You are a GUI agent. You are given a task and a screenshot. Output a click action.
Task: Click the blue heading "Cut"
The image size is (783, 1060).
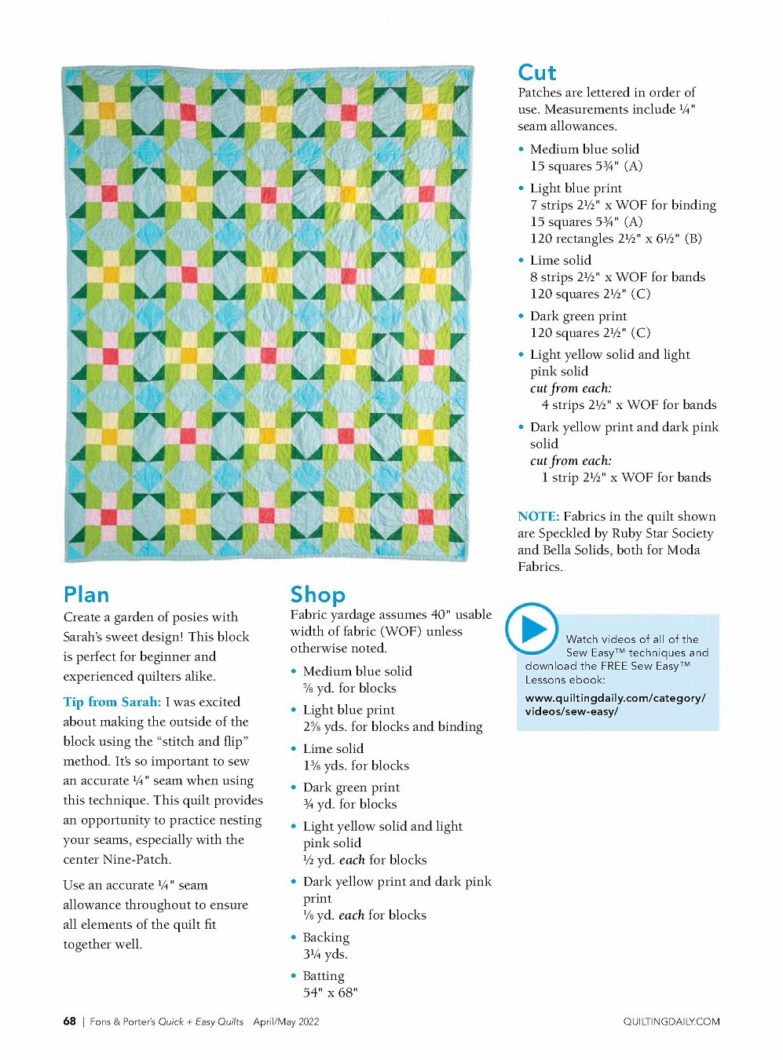pyautogui.click(x=537, y=73)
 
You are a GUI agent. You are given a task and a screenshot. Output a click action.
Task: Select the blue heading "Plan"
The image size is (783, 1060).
pyautogui.click(x=86, y=594)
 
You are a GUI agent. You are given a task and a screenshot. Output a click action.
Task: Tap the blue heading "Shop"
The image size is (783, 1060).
pyautogui.click(x=317, y=594)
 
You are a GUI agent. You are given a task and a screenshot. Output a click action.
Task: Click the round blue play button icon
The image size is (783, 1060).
pyautogui.click(x=532, y=629)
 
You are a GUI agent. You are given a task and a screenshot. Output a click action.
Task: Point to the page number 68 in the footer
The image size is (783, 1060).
pyautogui.click(x=70, y=1022)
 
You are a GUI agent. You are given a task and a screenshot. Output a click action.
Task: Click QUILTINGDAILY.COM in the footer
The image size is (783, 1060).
pyautogui.click(x=671, y=1022)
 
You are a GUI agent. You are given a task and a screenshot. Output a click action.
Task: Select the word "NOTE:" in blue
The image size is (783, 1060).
pyautogui.click(x=538, y=517)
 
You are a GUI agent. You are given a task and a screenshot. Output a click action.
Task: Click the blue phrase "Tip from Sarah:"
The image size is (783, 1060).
pyautogui.click(x=112, y=702)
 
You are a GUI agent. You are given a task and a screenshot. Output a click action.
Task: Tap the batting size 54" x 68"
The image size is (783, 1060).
pyautogui.click(x=330, y=992)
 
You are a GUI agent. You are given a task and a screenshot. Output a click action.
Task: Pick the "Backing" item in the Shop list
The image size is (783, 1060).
pyautogui.click(x=326, y=938)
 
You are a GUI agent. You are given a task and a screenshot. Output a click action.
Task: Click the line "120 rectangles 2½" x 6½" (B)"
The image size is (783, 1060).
pyautogui.click(x=616, y=239)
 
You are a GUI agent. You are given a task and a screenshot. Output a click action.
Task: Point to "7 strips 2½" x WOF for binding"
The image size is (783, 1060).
pyautogui.click(x=623, y=205)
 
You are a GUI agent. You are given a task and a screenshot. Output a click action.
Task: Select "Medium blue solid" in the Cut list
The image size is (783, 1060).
pyautogui.click(x=584, y=149)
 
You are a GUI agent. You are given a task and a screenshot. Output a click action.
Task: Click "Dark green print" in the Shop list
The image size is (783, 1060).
pyautogui.click(x=351, y=788)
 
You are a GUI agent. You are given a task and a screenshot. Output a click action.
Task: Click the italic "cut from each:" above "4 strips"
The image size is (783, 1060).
pyautogui.click(x=570, y=389)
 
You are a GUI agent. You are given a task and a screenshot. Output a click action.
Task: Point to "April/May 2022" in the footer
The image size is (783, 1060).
pyautogui.click(x=286, y=1022)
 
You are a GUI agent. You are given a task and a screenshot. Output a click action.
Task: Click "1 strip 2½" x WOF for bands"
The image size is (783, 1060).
pyautogui.click(x=626, y=477)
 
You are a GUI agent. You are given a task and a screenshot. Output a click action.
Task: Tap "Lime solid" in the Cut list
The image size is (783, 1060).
pyautogui.click(x=560, y=261)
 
